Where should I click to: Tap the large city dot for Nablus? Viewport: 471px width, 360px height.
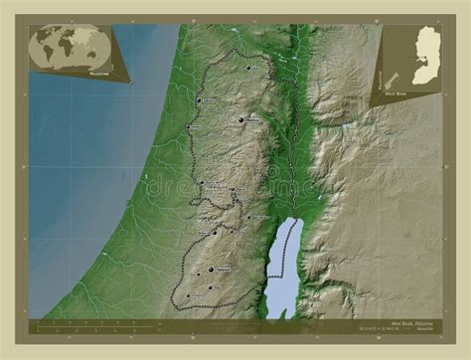pyautogui.click(x=240, y=120)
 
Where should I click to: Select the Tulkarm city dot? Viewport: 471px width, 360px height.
pyautogui.click(x=199, y=100)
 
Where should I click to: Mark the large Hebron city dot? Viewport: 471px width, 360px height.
pyautogui.click(x=211, y=270)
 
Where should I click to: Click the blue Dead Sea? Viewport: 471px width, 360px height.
pyautogui.click(x=282, y=264)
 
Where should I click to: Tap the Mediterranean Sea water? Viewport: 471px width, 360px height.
pyautogui.click(x=79, y=199)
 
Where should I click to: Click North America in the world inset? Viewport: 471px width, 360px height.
pyautogui.click(x=44, y=40)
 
